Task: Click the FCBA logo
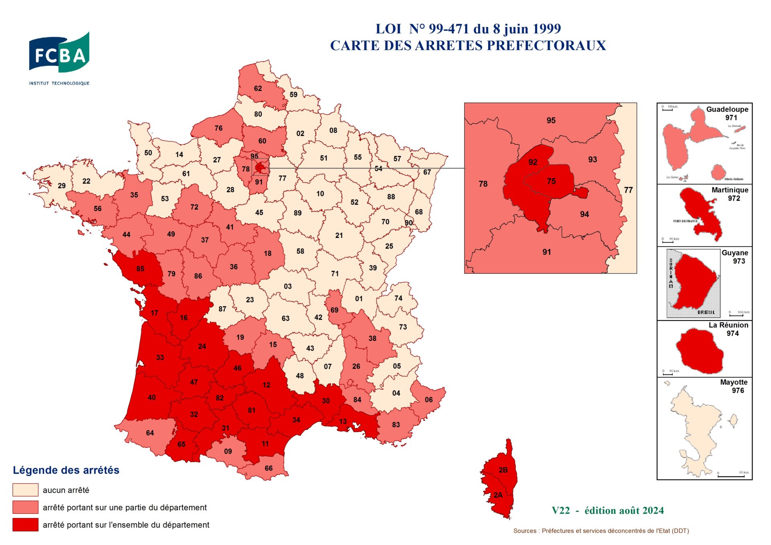(59, 54)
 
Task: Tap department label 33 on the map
(160, 357)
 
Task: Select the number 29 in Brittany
(61, 186)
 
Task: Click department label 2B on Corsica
(503, 470)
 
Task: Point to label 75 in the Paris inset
(551, 181)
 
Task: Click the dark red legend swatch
(25, 525)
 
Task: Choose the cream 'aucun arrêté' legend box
(25, 490)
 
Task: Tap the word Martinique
(730, 190)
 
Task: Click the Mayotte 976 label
(734, 386)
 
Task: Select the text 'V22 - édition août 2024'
(608, 511)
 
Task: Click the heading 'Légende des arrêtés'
(66, 470)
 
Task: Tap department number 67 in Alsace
(427, 172)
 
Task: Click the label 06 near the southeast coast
(428, 400)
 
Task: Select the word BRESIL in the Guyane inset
(706, 312)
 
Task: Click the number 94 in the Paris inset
(584, 214)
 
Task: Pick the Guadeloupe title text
(727, 109)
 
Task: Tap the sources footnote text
(601, 531)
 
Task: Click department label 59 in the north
(294, 95)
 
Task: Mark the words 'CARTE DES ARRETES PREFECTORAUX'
(468, 46)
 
